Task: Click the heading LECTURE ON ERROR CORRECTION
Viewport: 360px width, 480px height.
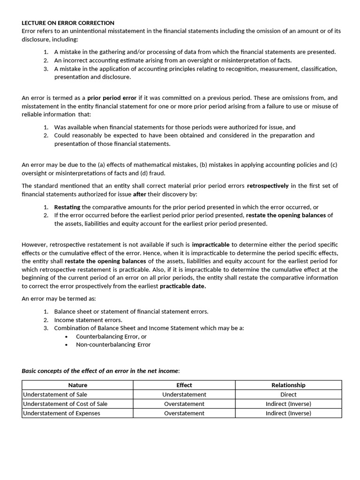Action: [x=68, y=23]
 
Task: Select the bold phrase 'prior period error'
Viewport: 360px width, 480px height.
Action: [x=112, y=98]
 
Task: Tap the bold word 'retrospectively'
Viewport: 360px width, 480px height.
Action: [x=268, y=186]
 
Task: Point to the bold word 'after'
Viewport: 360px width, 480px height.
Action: [x=139, y=194]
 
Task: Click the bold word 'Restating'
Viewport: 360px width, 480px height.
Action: [x=67, y=207]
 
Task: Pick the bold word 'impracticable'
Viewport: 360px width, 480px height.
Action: [x=210, y=245]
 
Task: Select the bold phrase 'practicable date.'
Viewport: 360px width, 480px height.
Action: [x=183, y=286]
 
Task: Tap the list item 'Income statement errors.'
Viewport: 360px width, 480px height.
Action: [x=88, y=320]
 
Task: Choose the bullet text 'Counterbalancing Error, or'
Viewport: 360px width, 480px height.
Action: [x=111, y=336]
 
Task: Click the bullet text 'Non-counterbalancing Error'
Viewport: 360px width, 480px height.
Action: [x=113, y=345]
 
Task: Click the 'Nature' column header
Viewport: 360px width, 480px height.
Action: [x=77, y=385]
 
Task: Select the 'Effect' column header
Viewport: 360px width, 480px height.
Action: [x=184, y=385]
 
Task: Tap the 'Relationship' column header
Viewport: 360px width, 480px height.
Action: [x=288, y=385]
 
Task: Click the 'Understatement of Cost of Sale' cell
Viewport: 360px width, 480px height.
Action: [x=65, y=404]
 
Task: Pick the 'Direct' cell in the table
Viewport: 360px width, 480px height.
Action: [x=288, y=394]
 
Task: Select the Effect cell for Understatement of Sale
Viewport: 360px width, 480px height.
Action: [x=184, y=394]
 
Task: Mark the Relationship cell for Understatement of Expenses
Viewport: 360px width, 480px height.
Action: [x=288, y=413]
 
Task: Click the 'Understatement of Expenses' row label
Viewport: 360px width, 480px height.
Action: [x=61, y=413]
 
